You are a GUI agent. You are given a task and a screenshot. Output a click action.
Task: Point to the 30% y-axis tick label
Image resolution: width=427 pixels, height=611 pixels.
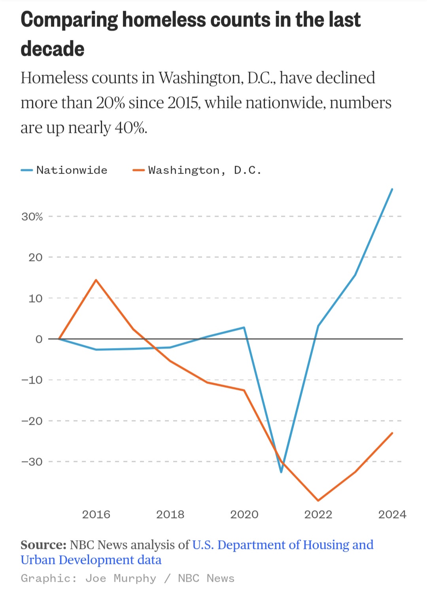pyautogui.click(x=32, y=217)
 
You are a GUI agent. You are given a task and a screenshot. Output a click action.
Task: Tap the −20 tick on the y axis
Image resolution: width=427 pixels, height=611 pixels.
pyautogui.click(x=32, y=421)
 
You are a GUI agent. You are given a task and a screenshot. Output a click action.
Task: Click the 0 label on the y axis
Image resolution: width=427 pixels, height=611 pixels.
pyautogui.click(x=39, y=339)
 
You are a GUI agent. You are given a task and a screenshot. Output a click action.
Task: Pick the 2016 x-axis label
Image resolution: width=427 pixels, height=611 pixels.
pyautogui.click(x=96, y=514)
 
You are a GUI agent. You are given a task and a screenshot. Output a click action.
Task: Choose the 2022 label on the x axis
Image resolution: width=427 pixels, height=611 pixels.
pyautogui.click(x=318, y=514)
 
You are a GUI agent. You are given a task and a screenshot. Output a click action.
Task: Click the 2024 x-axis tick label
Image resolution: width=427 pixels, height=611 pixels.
pyautogui.click(x=392, y=514)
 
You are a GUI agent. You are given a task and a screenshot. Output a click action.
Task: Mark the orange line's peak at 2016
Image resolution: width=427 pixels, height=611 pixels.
pyautogui.click(x=96, y=280)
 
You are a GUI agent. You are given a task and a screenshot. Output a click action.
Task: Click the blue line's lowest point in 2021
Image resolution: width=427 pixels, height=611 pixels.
pyautogui.click(x=281, y=472)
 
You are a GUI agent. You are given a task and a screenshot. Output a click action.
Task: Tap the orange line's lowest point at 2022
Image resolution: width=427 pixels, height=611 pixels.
pyautogui.click(x=318, y=501)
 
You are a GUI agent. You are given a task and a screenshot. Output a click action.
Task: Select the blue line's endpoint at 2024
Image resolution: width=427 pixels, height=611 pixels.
pyautogui.click(x=392, y=189)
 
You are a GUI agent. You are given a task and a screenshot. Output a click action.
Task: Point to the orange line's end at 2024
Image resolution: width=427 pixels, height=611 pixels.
pyautogui.click(x=392, y=433)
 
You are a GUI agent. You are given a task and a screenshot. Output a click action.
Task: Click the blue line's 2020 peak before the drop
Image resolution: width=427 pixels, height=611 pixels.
pyautogui.click(x=244, y=327)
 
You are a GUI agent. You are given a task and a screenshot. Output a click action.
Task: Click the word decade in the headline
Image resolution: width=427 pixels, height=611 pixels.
pyautogui.click(x=53, y=49)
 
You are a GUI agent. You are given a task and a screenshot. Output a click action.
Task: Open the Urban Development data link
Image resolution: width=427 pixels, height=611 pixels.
pyautogui.click(x=91, y=560)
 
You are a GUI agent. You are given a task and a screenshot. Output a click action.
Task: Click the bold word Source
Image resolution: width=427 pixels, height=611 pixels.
pyautogui.click(x=43, y=545)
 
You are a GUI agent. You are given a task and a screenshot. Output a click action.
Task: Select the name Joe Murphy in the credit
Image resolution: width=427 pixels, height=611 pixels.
pyautogui.click(x=121, y=578)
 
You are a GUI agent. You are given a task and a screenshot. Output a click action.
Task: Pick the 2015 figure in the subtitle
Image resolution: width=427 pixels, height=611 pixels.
pyautogui.click(x=180, y=103)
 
